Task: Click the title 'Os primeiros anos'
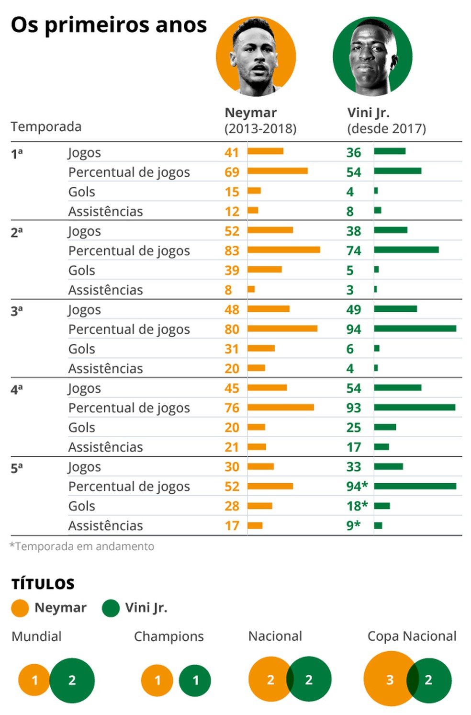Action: pyautogui.click(x=109, y=25)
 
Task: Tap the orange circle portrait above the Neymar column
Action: pyautogui.click(x=256, y=57)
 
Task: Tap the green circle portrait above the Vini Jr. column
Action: pyautogui.click(x=372, y=57)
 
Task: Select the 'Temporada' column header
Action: pyautogui.click(x=46, y=127)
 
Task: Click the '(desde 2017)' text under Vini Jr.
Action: pyautogui.click(x=386, y=129)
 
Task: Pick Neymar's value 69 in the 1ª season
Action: pyautogui.click(x=232, y=172)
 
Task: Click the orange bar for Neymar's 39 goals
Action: pyautogui.click(x=265, y=270)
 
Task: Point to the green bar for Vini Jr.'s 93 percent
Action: pyautogui.click(x=415, y=407)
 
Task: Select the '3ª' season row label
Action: pyautogui.click(x=17, y=311)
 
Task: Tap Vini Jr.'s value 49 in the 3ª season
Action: pyautogui.click(x=354, y=310)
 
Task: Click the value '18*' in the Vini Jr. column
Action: pyautogui.click(x=357, y=506)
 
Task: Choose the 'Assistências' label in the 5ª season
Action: pyautogui.click(x=106, y=526)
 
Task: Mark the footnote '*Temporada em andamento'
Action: pyautogui.click(x=82, y=546)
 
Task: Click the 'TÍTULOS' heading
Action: pyautogui.click(x=43, y=584)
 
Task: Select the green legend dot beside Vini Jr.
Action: pyautogui.click(x=111, y=608)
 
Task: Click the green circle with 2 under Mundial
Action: pyautogui.click(x=72, y=681)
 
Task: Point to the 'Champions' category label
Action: pyautogui.click(x=169, y=636)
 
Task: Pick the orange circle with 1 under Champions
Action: pyautogui.click(x=157, y=681)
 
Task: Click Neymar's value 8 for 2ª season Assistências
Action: pyautogui.click(x=228, y=290)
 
